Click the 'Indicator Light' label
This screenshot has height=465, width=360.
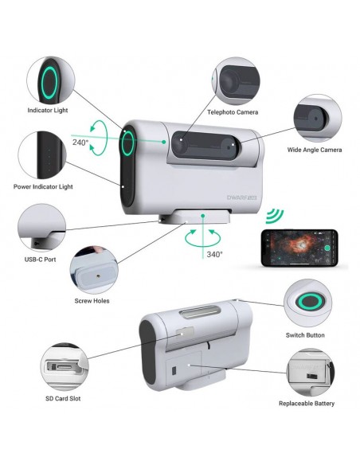point(48,111)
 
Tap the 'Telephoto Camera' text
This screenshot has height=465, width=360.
point(233,112)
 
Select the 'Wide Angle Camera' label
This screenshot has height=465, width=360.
point(315,150)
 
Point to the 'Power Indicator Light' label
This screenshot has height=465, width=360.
point(43,187)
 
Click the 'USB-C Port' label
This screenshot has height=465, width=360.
point(40,260)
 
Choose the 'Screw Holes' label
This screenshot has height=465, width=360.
point(92,301)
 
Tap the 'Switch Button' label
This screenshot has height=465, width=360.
point(305,335)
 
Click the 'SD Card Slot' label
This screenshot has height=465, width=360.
point(63,399)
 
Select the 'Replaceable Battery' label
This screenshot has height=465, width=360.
point(307,404)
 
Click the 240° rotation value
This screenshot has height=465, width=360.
point(80,143)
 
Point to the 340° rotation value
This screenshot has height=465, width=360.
point(214,254)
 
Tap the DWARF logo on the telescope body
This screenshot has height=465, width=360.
point(241,197)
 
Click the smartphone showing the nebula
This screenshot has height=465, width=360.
point(299,248)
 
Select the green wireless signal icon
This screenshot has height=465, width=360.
point(274,217)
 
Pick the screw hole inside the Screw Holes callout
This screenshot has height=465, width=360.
point(99,275)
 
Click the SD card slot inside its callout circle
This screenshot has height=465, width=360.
point(63,366)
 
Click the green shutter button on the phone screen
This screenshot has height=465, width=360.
point(327,248)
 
